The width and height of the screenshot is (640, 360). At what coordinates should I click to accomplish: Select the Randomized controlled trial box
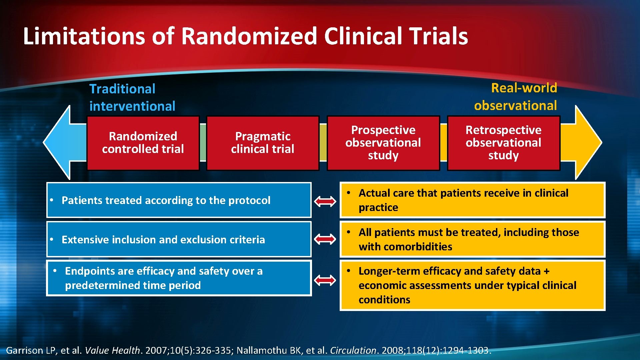tap(143, 143)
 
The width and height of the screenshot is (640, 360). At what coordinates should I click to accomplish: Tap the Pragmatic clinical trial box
tap(263, 143)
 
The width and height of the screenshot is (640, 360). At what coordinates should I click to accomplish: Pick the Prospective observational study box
tap(383, 143)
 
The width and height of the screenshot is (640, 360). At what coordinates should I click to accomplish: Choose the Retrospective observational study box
tap(503, 143)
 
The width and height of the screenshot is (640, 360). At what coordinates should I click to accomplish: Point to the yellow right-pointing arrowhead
tap(587, 142)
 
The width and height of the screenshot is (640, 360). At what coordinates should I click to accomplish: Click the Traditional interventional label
tap(132, 97)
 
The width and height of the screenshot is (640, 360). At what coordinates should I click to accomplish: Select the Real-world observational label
tap(516, 97)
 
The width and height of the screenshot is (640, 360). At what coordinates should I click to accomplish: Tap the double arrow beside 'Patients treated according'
tap(325, 201)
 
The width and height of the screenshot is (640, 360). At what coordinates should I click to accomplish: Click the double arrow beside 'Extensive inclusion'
tap(325, 239)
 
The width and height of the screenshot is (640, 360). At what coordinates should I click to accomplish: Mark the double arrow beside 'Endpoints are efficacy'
tap(325, 280)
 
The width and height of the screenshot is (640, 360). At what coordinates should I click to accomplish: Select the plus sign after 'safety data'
tap(546, 271)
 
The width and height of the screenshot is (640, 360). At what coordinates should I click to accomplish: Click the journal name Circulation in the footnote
tap(353, 350)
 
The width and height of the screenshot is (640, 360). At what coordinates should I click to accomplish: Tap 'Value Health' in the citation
tap(112, 350)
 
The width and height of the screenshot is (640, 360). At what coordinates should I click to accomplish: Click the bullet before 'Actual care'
tap(348, 193)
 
